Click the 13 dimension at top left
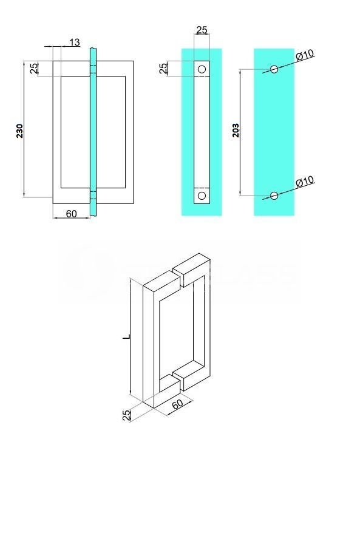point(74,42)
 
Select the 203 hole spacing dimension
point(236,129)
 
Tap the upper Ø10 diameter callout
point(305,55)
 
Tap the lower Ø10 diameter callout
point(304,181)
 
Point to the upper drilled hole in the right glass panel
point(274,69)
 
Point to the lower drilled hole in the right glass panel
point(274,195)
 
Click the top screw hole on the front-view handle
point(202,69)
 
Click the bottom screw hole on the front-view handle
point(202,195)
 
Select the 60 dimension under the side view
point(71,214)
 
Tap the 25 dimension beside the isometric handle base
point(127,415)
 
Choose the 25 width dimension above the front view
point(202,30)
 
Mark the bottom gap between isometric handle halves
point(177,378)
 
